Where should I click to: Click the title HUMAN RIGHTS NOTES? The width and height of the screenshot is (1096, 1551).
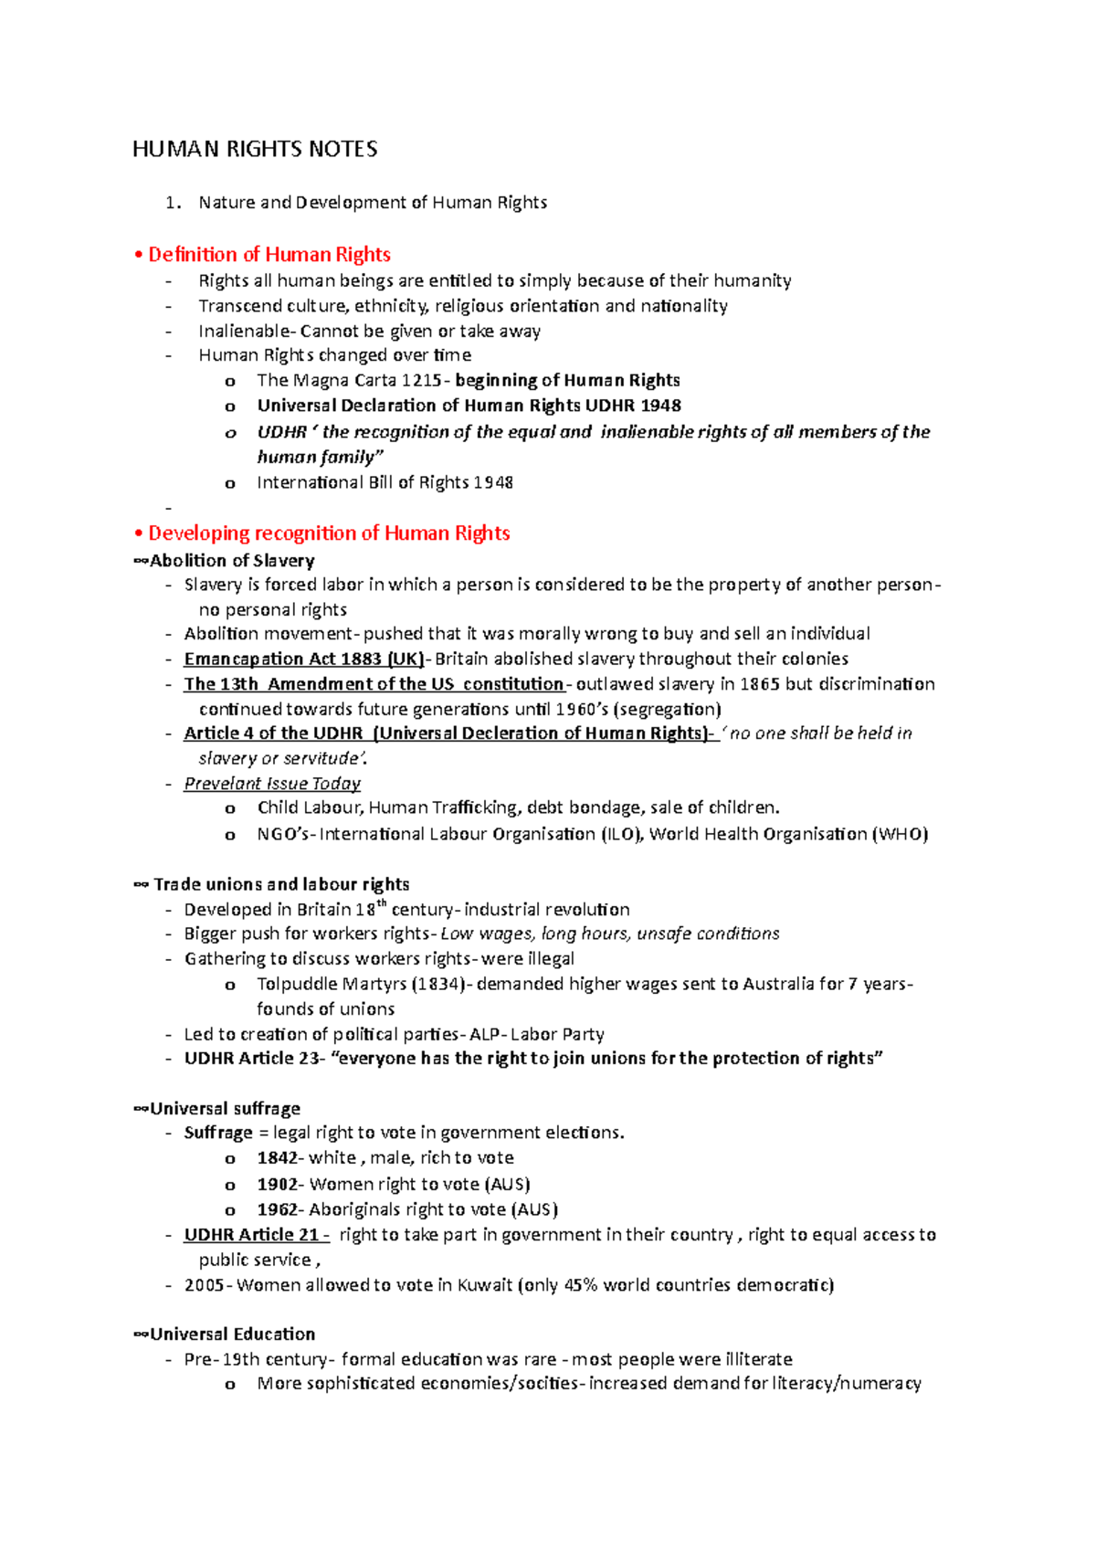pyautogui.click(x=255, y=149)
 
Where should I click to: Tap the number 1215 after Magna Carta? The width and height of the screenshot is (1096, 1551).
pyautogui.click(x=421, y=381)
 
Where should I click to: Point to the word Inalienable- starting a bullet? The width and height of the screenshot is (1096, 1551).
pyautogui.click(x=247, y=331)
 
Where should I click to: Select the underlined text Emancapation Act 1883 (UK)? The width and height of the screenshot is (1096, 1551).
pyautogui.click(x=304, y=659)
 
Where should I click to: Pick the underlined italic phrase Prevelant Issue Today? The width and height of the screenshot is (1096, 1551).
pyautogui.click(x=272, y=784)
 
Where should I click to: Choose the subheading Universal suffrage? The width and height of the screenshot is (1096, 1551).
pyautogui.click(x=225, y=1109)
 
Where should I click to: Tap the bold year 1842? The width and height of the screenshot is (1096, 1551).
pyautogui.click(x=278, y=1158)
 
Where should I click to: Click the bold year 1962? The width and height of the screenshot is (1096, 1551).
pyautogui.click(x=278, y=1209)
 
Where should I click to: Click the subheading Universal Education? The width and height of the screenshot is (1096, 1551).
pyautogui.click(x=232, y=1335)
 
